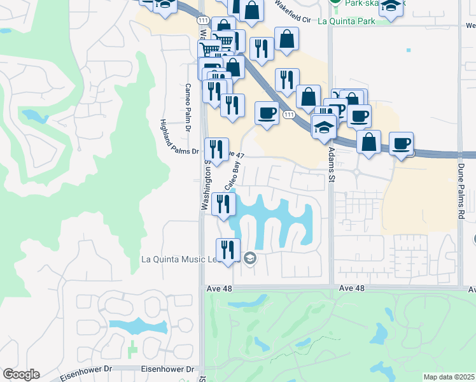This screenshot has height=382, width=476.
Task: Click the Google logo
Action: tap(20, 374)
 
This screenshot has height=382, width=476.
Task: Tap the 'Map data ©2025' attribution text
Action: tap(449, 377)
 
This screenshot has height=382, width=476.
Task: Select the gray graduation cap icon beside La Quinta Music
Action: tap(249, 258)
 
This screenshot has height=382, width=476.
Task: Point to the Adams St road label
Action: tap(331, 166)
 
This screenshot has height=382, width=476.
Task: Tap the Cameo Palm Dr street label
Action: tap(188, 102)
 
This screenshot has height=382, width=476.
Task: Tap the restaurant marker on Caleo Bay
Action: tap(223, 205)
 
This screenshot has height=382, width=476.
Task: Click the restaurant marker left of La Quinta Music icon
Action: tap(227, 250)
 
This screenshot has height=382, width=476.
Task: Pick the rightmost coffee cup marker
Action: tap(401, 144)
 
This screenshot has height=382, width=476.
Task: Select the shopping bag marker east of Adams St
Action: tap(368, 142)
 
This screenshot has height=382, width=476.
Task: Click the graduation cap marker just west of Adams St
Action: tap(324, 127)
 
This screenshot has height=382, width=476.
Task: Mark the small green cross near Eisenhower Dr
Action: tap(132, 349)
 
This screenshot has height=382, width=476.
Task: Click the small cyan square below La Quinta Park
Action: tap(408, 50)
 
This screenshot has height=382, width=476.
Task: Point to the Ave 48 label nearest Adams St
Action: tap(352, 288)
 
